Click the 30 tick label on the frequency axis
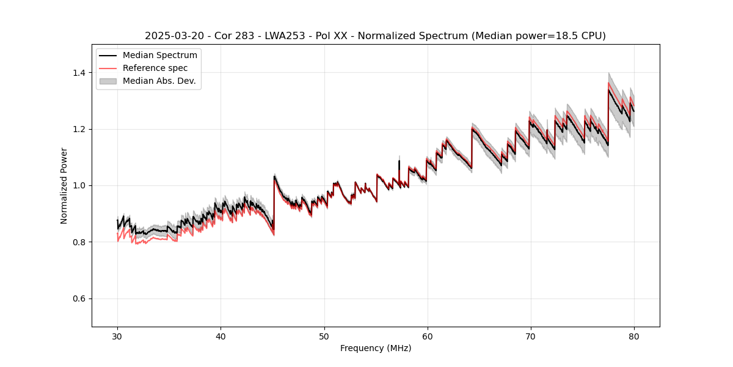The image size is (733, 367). [x=117, y=336]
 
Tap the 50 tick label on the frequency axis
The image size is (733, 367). [x=324, y=336]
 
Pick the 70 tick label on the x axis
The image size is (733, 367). [x=530, y=336]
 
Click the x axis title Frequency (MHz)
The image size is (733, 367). [x=376, y=348]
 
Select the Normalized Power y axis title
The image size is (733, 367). [x=64, y=185]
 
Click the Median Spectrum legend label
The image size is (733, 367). [x=159, y=56]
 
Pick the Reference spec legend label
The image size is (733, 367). [x=155, y=68]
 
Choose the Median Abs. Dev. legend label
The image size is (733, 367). [x=159, y=81]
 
